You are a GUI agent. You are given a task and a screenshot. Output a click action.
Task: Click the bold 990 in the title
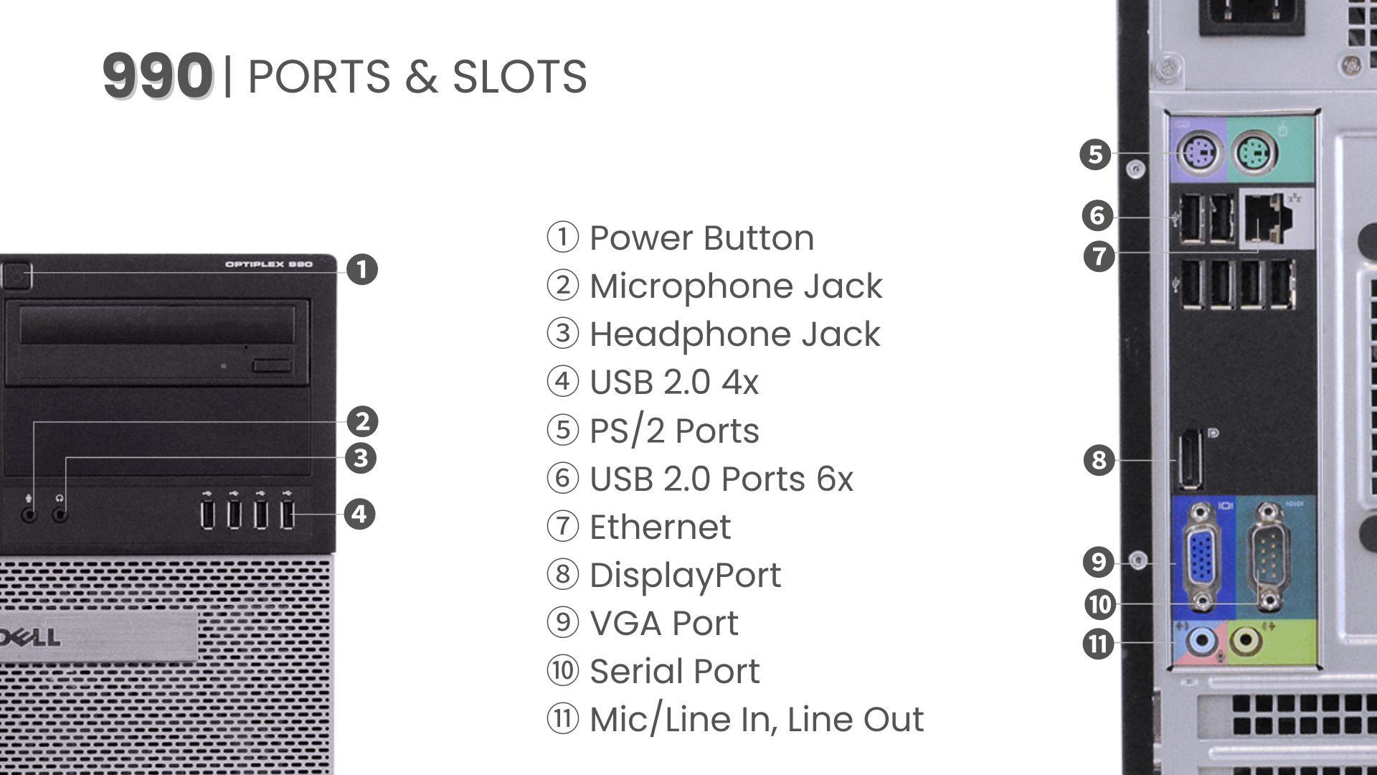158,76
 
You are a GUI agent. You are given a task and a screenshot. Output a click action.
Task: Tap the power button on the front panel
16,275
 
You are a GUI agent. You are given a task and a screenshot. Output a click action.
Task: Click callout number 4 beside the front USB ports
359,514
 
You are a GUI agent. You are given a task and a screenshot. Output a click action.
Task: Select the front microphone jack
29,514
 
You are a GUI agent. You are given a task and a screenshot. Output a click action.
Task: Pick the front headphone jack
60,514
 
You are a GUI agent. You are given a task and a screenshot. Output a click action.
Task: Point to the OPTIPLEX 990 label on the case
269,265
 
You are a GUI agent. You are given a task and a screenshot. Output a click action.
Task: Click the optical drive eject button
272,366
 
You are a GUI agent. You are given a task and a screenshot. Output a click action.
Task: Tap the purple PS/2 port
1199,154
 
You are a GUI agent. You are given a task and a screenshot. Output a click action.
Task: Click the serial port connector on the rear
1268,558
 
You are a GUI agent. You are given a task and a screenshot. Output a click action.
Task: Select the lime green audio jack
1246,641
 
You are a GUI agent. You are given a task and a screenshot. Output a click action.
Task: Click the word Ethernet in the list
660,527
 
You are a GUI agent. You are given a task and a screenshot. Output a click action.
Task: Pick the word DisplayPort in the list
685,576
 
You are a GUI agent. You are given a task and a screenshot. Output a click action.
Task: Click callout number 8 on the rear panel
1099,460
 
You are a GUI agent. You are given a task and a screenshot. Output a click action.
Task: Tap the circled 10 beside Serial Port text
563,671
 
